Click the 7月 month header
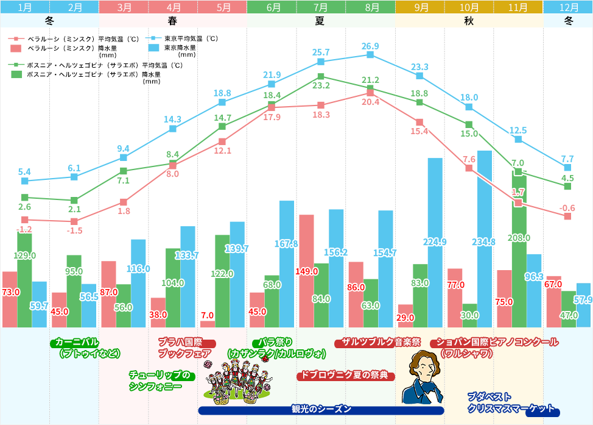(x=321, y=7)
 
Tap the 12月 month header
(x=568, y=7)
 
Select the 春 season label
(x=173, y=20)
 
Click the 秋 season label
(x=469, y=20)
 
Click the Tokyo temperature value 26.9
(x=370, y=46)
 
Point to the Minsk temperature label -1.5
(x=74, y=230)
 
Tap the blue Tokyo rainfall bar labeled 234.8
(x=485, y=238)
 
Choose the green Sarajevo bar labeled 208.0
(x=518, y=250)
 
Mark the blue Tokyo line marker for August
(x=370, y=55)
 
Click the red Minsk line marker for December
(x=567, y=216)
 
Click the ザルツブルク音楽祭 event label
(x=377, y=343)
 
